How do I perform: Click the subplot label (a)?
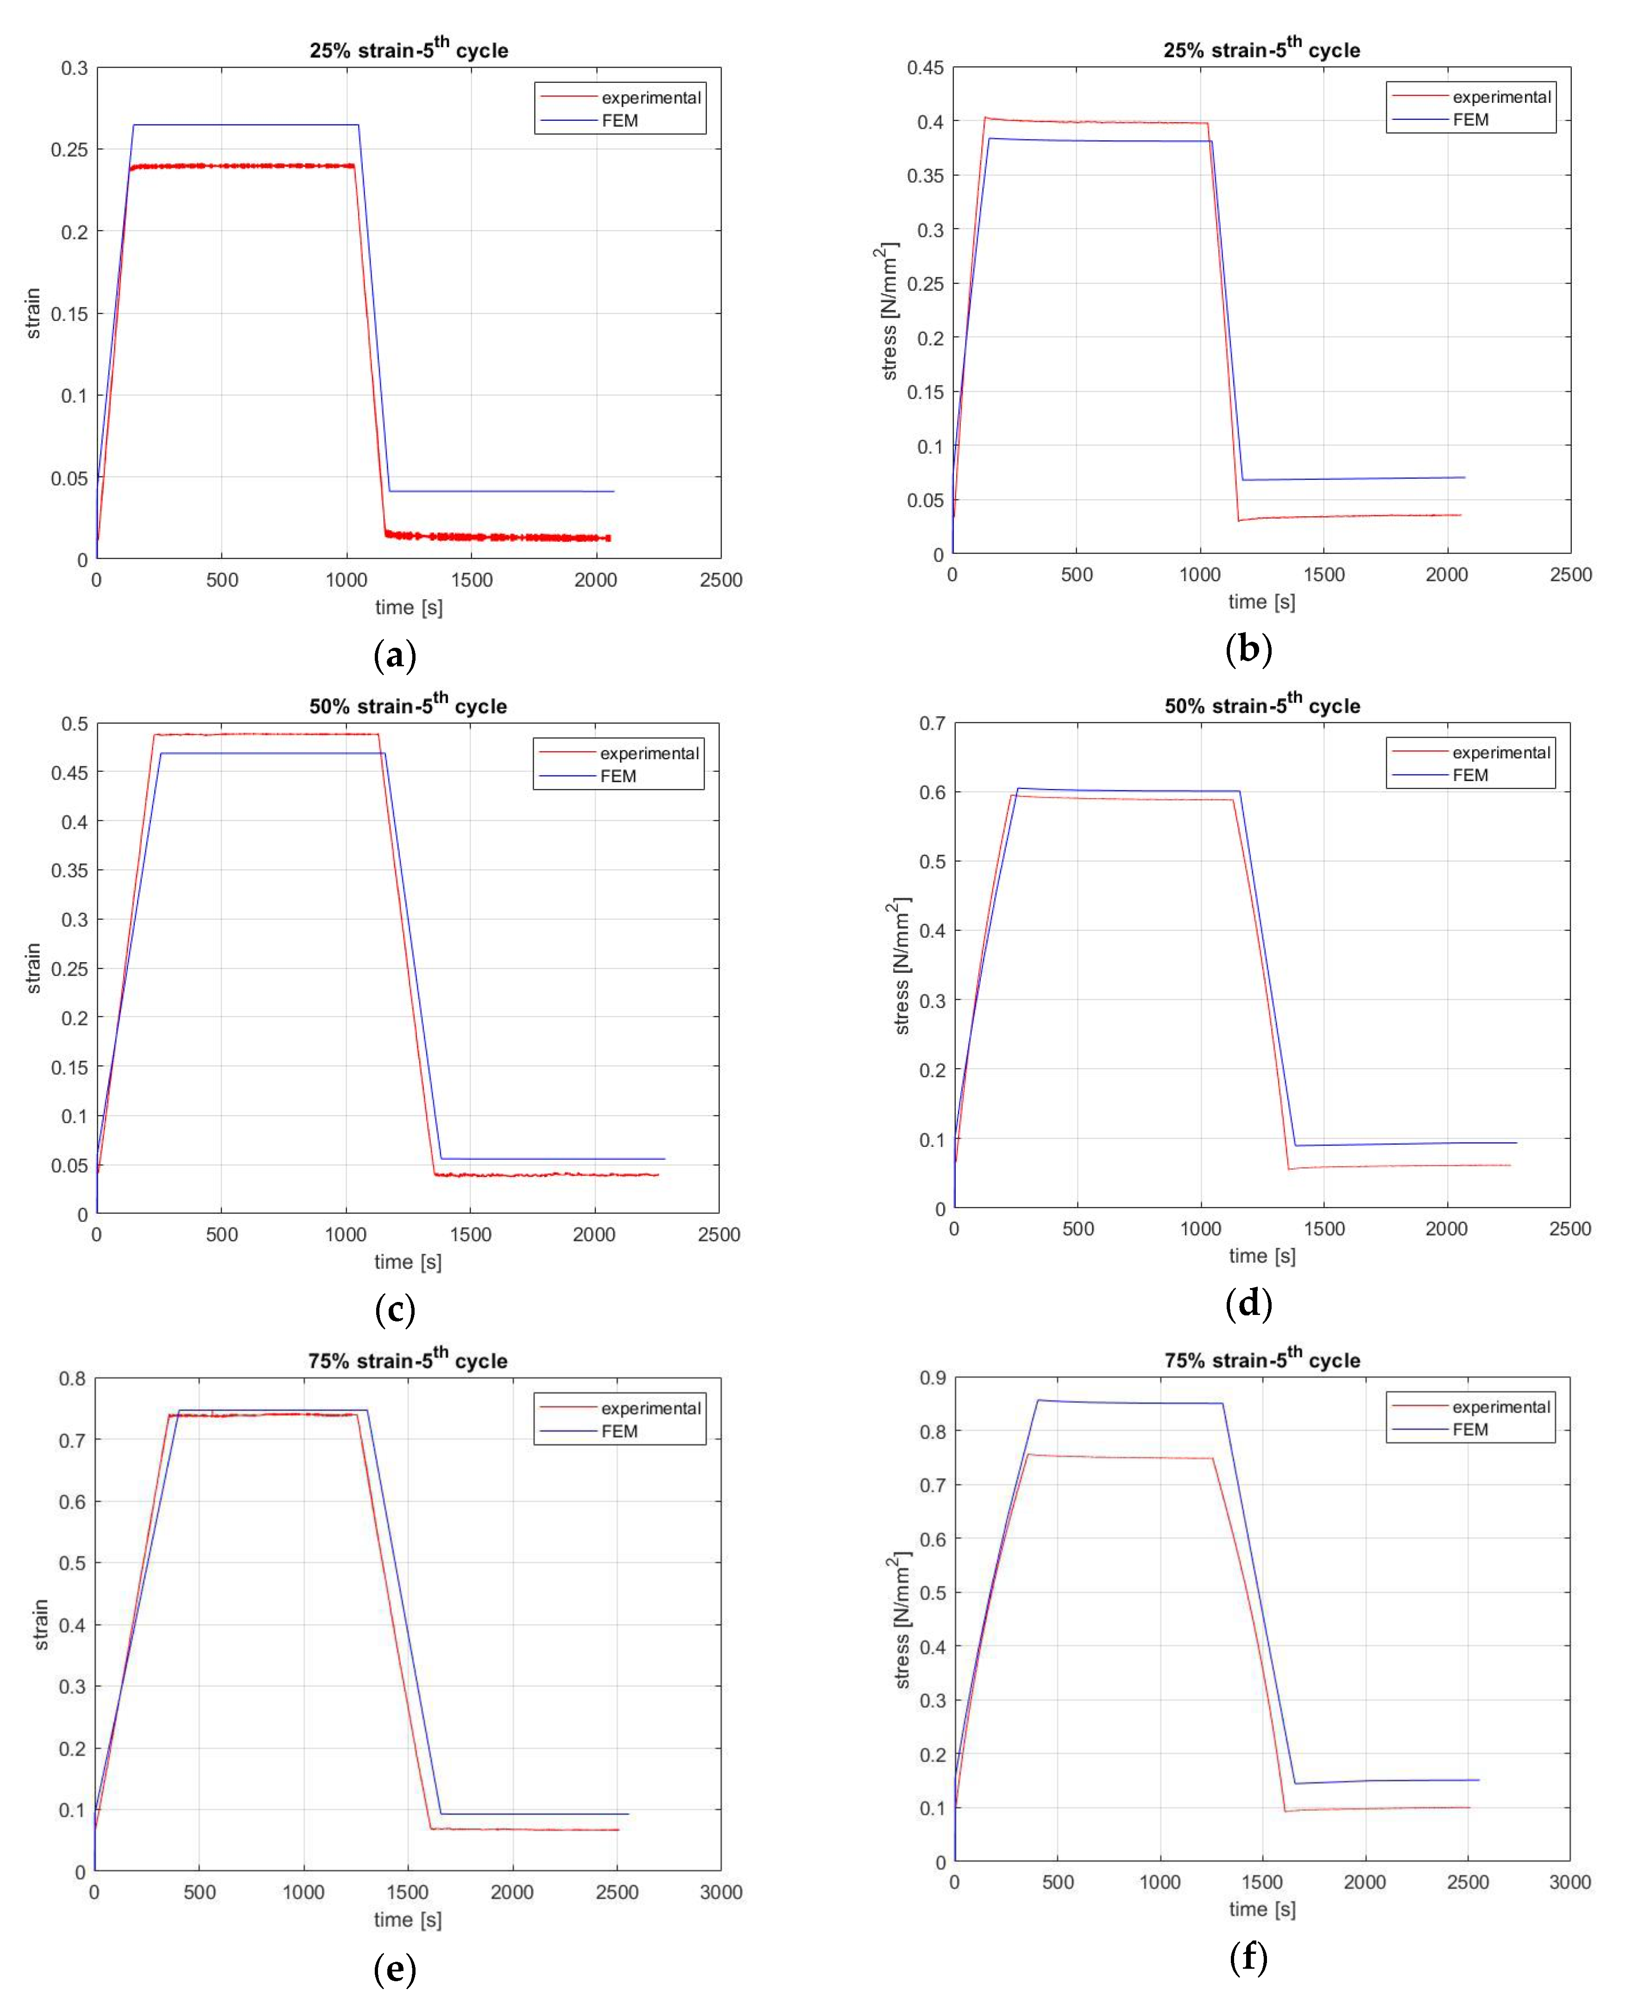click(x=394, y=654)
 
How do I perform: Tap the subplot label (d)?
click(x=1248, y=1303)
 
